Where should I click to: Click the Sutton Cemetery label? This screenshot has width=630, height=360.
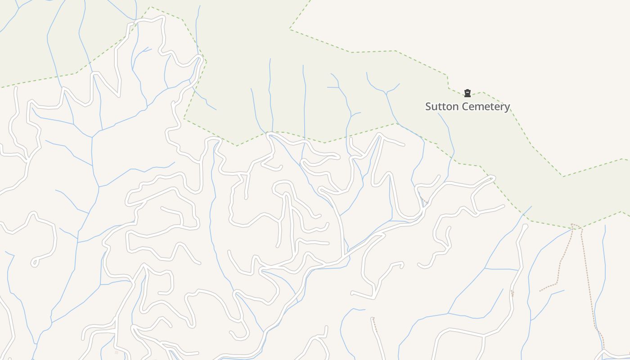(x=468, y=107)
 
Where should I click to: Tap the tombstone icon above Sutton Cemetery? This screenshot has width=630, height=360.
(x=468, y=93)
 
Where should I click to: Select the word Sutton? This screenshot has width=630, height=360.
(x=441, y=107)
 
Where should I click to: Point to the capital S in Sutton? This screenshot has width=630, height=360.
(x=429, y=107)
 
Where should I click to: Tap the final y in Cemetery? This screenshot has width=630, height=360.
(x=507, y=108)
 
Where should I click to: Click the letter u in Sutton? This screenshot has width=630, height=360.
(x=435, y=107)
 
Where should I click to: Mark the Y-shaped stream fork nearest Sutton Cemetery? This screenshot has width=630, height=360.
(x=386, y=93)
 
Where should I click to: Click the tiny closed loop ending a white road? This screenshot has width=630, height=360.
(x=34, y=263)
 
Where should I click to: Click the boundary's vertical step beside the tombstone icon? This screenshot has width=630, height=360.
(x=448, y=82)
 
